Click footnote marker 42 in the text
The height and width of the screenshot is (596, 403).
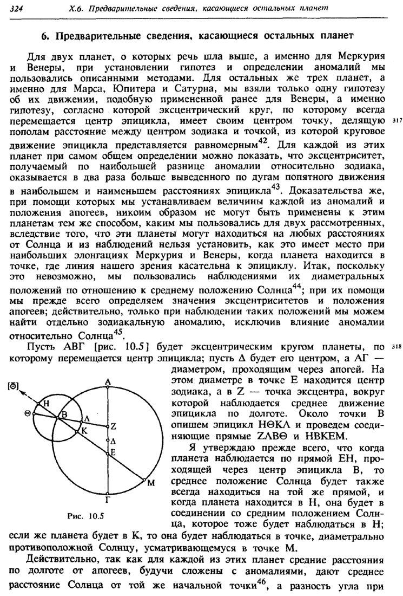point(262,142)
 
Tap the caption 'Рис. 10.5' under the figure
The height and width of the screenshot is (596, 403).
point(82,514)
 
